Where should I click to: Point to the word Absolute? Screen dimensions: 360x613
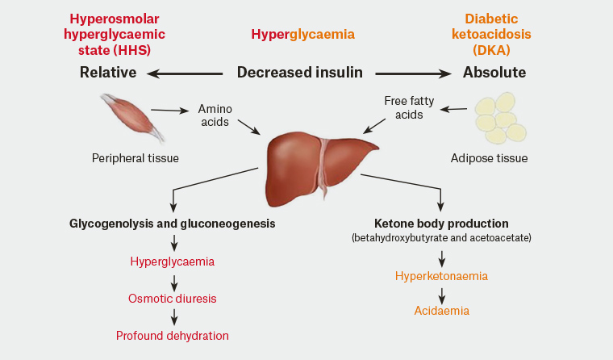(x=494, y=73)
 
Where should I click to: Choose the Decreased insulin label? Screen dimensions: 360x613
(x=299, y=73)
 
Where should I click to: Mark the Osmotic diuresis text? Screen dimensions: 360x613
(x=173, y=299)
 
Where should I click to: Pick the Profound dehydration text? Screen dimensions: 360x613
(x=173, y=335)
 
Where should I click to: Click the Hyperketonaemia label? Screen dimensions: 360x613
(x=441, y=276)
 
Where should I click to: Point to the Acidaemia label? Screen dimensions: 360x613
(x=442, y=311)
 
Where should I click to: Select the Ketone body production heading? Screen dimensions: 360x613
(x=441, y=223)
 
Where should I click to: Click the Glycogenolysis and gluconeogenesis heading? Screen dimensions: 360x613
(x=173, y=223)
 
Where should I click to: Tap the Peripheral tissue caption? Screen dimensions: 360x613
(x=136, y=158)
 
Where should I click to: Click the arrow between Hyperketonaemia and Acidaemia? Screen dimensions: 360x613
(x=442, y=294)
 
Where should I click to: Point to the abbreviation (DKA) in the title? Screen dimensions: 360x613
(x=494, y=50)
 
